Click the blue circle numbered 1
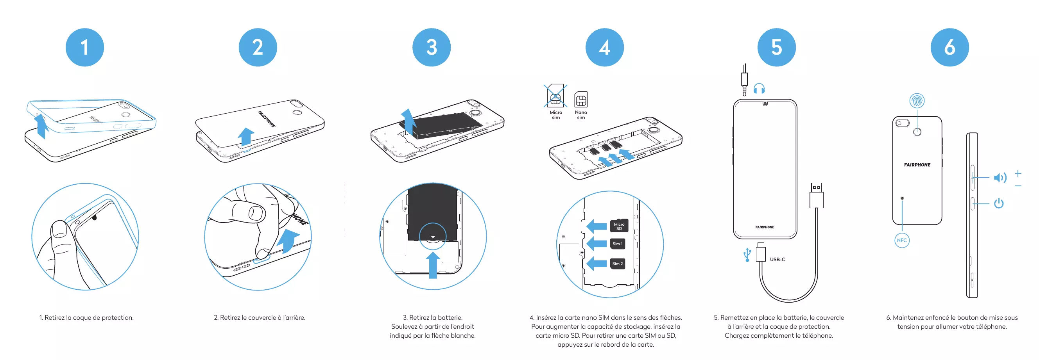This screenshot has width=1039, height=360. (x=85, y=48)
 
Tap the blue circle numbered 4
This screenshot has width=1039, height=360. (x=604, y=48)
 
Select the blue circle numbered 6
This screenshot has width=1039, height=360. (x=949, y=48)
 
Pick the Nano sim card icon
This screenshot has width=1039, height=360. (x=581, y=99)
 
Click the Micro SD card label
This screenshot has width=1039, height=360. (x=619, y=226)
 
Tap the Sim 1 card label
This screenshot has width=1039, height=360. (x=617, y=244)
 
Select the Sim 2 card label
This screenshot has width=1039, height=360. (x=617, y=264)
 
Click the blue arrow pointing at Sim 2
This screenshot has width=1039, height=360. (x=596, y=264)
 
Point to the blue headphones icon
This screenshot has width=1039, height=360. (x=759, y=89)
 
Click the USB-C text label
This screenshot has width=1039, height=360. (x=777, y=259)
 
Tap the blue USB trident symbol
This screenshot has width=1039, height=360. (x=747, y=255)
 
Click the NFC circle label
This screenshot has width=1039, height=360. (x=902, y=241)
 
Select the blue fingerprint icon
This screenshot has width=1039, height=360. (x=917, y=100)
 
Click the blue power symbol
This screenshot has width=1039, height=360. (x=999, y=203)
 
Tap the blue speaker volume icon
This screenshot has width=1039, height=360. (x=1000, y=178)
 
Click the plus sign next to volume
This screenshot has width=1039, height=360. (x=1018, y=173)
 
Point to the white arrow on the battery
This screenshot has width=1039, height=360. (x=433, y=237)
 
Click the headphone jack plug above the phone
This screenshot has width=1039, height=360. (x=745, y=80)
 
